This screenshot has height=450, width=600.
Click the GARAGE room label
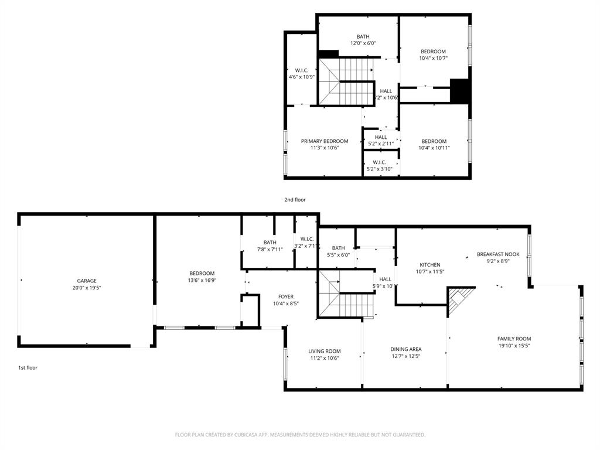click(x=87, y=281)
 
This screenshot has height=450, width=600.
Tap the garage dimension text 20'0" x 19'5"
click(x=87, y=288)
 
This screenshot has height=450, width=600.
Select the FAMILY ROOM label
click(x=514, y=339)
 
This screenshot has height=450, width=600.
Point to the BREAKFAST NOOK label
click(x=497, y=254)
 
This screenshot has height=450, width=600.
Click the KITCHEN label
click(x=429, y=265)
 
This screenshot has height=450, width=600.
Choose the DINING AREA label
click(x=405, y=349)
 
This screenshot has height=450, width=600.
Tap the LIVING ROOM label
click(x=324, y=351)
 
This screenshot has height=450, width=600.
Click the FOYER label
click(x=286, y=296)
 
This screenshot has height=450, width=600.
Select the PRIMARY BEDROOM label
click(x=324, y=141)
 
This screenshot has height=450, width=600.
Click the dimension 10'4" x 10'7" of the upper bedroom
click(x=433, y=58)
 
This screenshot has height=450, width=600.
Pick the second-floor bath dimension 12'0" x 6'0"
click(x=363, y=43)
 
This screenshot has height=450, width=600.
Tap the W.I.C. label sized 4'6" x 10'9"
click(x=302, y=70)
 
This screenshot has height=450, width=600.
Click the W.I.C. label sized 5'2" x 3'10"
click(x=379, y=162)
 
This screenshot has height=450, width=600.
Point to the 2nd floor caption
click(x=295, y=200)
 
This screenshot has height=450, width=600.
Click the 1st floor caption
click(x=28, y=368)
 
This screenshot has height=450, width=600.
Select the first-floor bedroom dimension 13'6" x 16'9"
click(x=202, y=281)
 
